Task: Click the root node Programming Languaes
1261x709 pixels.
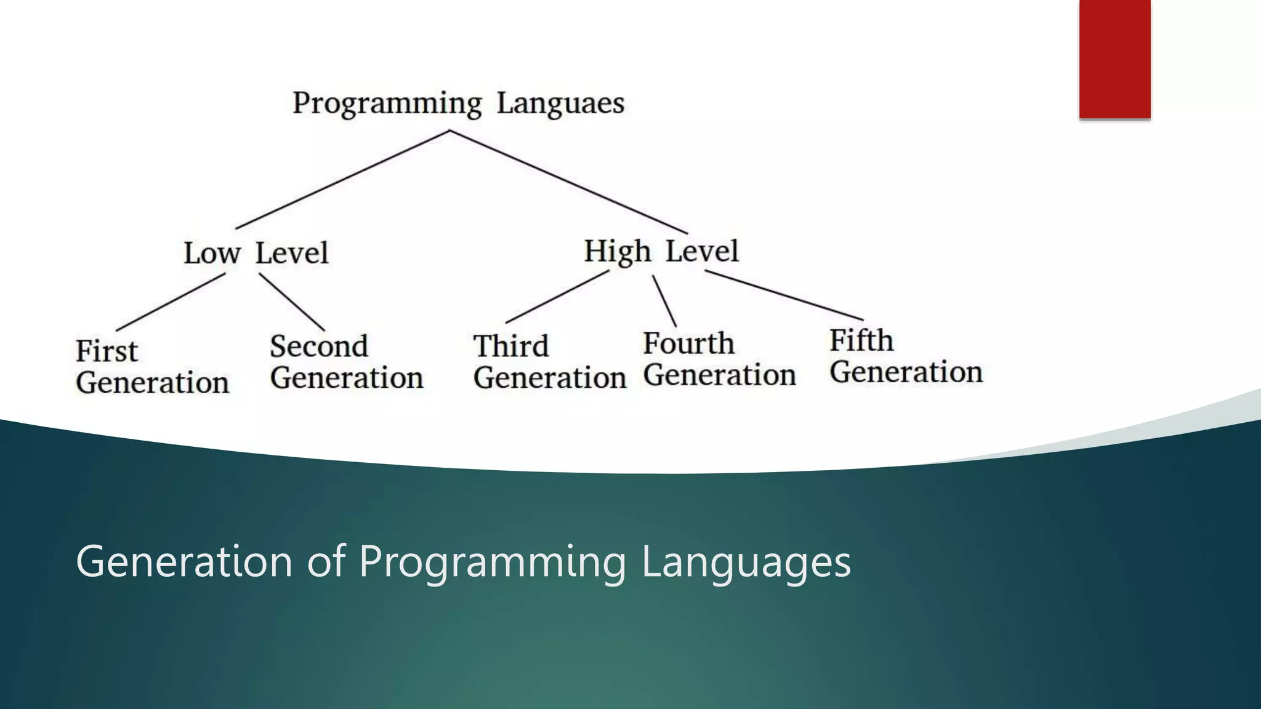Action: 458,103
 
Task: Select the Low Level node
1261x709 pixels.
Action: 256,253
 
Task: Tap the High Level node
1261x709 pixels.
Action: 661,251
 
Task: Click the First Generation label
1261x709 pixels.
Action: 152,367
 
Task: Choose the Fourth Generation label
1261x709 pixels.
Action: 719,359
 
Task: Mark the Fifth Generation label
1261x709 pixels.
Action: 906,356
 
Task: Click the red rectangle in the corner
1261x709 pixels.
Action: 1114,58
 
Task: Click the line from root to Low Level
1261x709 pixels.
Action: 342,179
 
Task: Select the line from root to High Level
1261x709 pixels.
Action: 568,182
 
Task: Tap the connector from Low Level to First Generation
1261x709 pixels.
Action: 171,302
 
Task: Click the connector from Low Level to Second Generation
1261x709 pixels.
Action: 291,302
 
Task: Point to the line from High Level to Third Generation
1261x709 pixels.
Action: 557,297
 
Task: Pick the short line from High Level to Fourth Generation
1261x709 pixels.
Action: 664,301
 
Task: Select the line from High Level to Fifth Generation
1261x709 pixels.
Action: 783,295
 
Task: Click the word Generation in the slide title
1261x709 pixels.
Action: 184,561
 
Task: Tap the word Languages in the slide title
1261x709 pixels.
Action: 746,561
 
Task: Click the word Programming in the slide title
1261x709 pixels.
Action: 493,561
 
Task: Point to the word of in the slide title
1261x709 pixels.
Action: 326,561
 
